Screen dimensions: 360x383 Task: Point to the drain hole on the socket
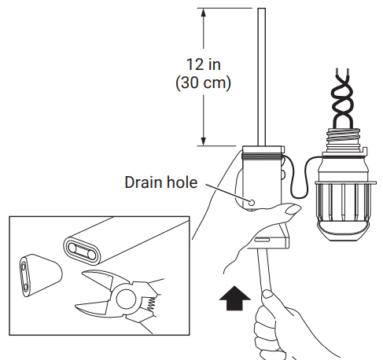coord(252,201)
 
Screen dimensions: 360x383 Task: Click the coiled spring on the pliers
coord(145,302)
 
